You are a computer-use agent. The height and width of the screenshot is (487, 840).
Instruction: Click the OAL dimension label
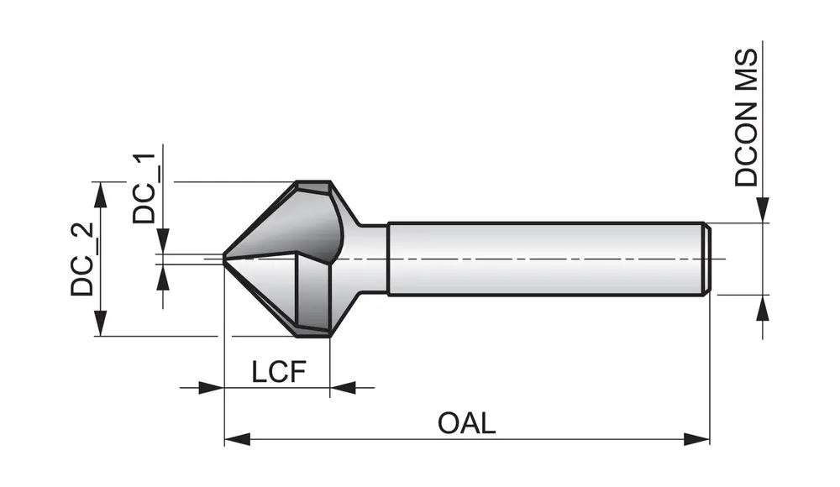466,422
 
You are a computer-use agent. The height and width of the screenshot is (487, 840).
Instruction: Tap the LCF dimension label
277,371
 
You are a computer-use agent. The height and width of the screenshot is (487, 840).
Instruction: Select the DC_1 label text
144,187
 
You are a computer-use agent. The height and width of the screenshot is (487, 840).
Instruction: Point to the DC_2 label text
82,258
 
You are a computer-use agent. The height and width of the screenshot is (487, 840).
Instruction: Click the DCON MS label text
746,118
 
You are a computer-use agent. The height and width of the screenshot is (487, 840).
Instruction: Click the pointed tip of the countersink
226,259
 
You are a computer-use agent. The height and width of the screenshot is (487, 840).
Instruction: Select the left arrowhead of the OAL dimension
238,439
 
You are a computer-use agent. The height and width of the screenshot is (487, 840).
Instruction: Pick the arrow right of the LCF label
342,387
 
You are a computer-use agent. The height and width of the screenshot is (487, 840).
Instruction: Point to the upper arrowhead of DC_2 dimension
101,196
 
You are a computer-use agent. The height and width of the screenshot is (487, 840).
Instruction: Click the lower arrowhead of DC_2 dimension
101,323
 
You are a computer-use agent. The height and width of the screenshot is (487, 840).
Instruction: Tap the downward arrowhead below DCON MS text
763,210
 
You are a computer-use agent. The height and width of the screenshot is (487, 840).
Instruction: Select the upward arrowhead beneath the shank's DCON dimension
763,308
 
